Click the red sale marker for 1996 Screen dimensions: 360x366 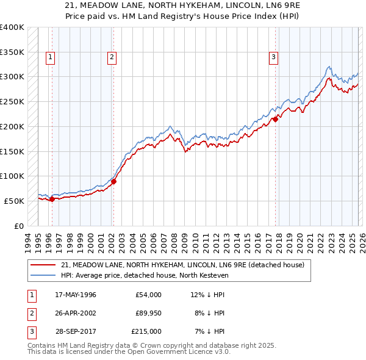52,198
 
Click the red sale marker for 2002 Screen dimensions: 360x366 113,181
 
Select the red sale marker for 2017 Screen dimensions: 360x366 275,119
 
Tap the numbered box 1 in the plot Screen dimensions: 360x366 49,58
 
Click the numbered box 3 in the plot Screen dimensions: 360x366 274,58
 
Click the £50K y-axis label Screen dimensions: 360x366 14,201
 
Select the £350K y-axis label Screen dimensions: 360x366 12,52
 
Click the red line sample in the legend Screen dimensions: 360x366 43,265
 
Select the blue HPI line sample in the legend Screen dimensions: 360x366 43,275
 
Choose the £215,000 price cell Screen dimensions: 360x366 146,331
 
